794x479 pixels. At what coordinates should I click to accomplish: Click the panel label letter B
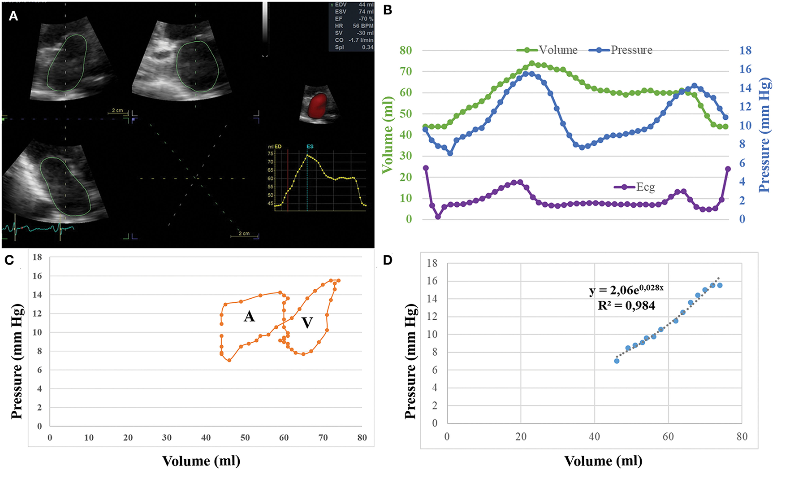388,10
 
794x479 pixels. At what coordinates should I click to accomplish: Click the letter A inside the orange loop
249,317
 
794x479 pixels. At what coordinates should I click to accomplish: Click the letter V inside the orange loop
307,322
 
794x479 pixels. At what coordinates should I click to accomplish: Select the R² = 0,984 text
626,306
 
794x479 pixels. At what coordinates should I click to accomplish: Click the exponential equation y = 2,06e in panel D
626,290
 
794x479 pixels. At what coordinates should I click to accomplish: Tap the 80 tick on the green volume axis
406,50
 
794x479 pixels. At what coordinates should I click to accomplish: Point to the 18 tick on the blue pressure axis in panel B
745,50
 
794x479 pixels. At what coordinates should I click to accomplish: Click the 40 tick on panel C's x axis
206,438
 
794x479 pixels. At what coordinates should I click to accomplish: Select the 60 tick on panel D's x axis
668,436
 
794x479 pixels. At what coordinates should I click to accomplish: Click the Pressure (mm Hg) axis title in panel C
17,361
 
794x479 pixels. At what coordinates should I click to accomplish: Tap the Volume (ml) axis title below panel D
603,461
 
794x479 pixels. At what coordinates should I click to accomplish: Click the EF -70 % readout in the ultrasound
354,19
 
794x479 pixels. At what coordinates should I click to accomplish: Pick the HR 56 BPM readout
354,26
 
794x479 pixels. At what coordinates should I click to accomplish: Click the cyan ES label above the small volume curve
310,147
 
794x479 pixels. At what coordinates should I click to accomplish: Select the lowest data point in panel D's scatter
617,361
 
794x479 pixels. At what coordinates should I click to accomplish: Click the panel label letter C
9,260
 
